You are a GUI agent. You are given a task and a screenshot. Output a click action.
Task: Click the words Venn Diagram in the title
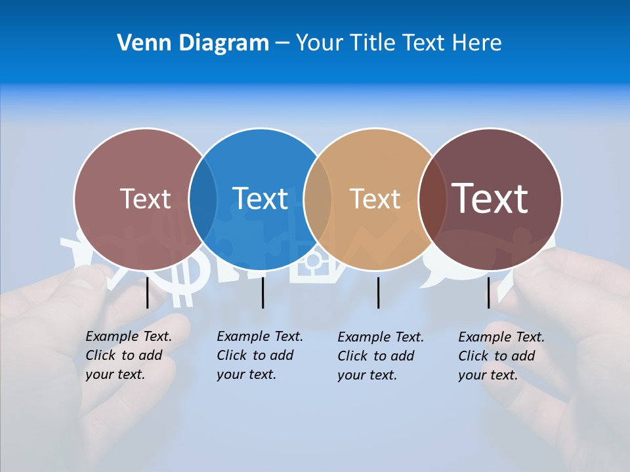coord(192,43)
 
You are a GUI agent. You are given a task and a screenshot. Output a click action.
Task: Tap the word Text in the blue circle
coord(260,199)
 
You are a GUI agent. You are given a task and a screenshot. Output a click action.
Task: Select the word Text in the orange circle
coord(375,199)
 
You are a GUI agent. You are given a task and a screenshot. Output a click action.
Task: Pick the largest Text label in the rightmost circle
coord(490,198)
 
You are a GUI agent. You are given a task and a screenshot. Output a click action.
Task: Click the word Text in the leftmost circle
coord(145,199)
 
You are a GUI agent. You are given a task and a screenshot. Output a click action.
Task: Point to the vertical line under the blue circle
coord(262,292)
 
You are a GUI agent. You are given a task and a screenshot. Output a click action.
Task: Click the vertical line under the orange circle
coord(378,292)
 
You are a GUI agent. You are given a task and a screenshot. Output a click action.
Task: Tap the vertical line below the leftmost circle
coord(147,292)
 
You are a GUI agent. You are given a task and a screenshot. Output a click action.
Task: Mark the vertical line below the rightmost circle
coord(488,292)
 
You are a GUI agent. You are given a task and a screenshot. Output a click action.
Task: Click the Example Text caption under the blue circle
coord(259,355)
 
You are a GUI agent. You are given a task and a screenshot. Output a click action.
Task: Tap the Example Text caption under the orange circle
coord(380,356)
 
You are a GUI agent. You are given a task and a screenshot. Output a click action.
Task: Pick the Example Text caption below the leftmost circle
coord(128,355)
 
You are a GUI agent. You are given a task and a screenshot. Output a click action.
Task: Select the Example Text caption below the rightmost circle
coord(501,356)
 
